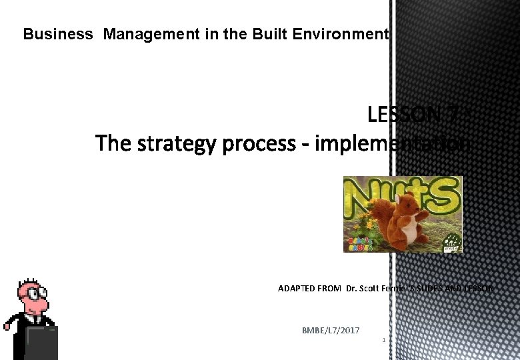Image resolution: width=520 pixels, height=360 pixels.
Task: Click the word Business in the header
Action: tap(58, 34)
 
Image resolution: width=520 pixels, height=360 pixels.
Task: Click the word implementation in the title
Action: tap(392, 143)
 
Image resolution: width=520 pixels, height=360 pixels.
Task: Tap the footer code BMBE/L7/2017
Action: tap(331, 331)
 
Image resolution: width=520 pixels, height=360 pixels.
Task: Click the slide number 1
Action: tap(384, 341)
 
